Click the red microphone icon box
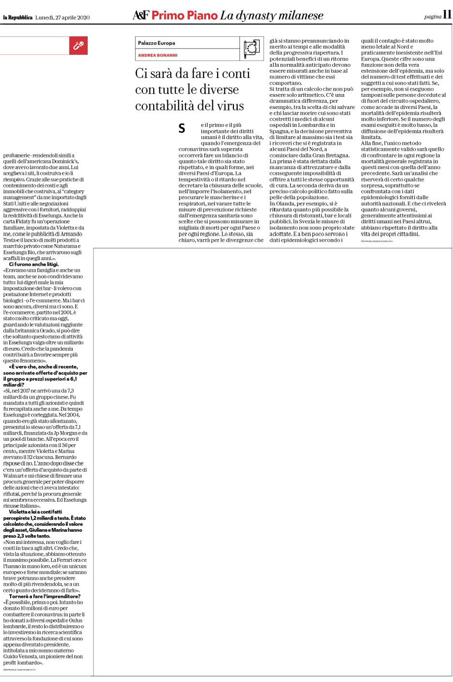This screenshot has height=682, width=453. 78,46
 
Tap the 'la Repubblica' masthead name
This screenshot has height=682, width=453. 17,17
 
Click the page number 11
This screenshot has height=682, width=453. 447,15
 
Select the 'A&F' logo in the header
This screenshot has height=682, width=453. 141,15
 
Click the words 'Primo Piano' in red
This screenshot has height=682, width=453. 184,15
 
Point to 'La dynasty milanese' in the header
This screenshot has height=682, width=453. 271,15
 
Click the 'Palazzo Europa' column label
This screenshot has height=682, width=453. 156,43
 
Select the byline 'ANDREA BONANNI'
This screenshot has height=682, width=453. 157,55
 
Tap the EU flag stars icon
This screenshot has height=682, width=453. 251,48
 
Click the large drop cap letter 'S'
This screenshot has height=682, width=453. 182,128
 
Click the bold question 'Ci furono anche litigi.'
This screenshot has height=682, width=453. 34,264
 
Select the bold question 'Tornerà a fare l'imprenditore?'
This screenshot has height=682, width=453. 45,596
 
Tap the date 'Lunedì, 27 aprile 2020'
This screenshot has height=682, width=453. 62,17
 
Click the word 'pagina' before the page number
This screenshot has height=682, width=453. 432,16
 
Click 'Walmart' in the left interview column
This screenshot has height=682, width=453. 14,476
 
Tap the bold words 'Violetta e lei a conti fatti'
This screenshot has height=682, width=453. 35,511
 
